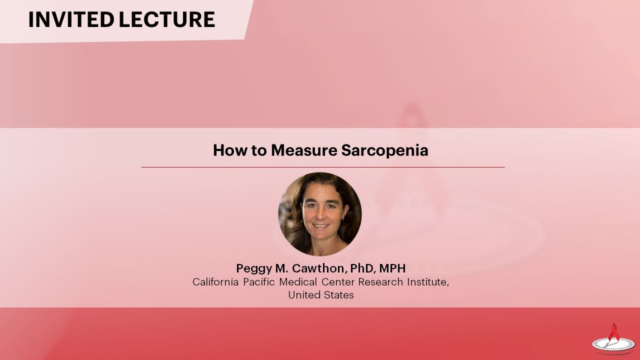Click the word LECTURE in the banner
pos(167,19)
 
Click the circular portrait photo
pos(320,214)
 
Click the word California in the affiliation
pos(215,282)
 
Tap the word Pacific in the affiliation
pos(259,282)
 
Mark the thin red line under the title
pos(322,167)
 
